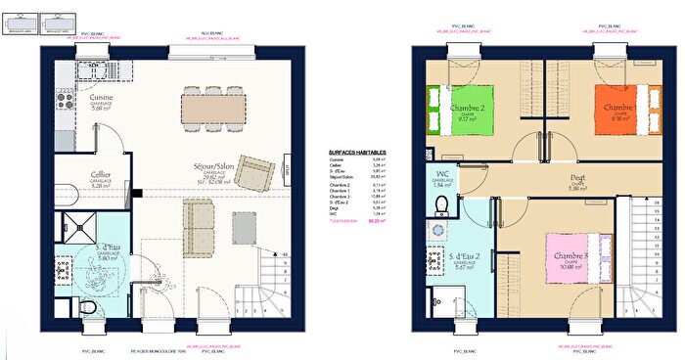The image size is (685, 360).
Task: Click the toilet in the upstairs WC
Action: tap(442, 202)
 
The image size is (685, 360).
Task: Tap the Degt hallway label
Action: tap(578, 179)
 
